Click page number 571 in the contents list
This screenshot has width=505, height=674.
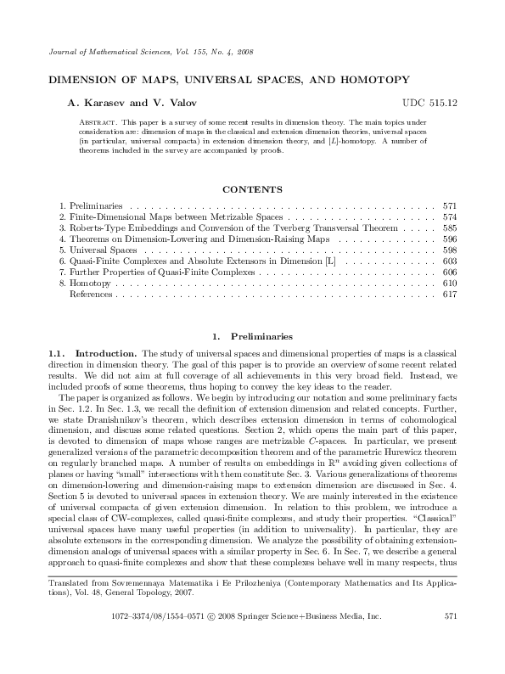tap(450, 206)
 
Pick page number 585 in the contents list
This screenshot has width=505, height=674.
tap(450, 228)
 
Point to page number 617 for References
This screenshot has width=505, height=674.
tap(450, 295)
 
